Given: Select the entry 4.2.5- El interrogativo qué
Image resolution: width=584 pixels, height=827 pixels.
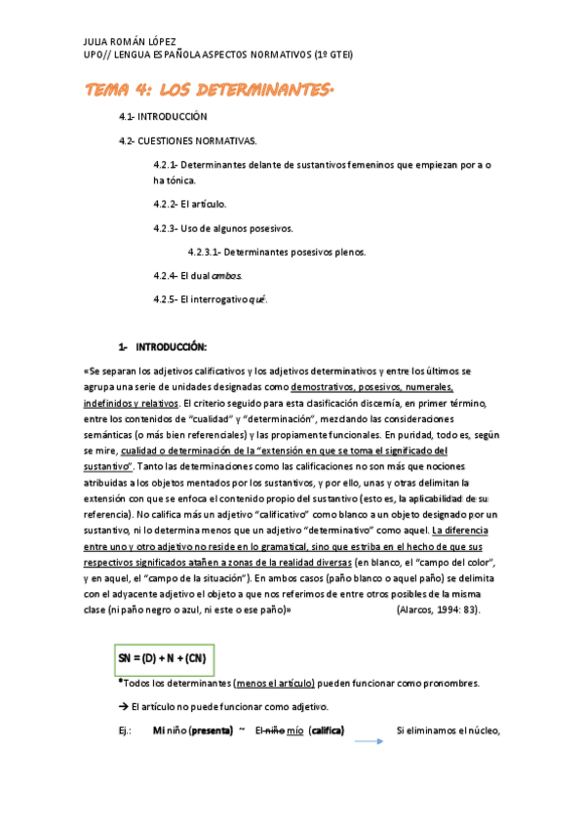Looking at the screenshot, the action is pyautogui.click(x=210, y=299).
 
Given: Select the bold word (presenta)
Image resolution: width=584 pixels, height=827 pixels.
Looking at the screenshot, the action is pyautogui.click(x=210, y=729).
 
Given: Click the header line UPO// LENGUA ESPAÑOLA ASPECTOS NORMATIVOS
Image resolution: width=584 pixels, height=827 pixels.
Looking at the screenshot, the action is pyautogui.click(x=218, y=55).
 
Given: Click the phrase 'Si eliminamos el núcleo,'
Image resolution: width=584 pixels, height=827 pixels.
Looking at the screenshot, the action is pyautogui.click(x=448, y=729).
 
